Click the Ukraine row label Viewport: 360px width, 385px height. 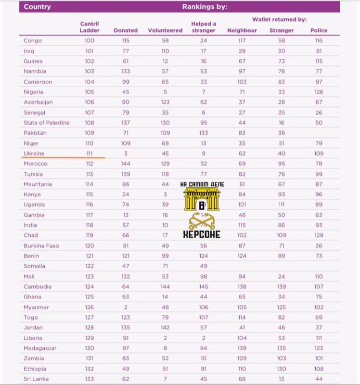click(34, 153)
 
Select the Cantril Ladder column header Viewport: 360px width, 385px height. click(90, 27)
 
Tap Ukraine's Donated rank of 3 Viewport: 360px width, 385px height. click(126, 153)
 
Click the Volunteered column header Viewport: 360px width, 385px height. click(165, 30)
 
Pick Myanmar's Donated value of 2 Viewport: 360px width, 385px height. click(126, 307)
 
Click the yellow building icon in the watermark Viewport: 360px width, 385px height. click(202, 200)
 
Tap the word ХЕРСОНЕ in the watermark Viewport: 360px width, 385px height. click(202, 234)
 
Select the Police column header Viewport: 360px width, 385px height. click(319, 30)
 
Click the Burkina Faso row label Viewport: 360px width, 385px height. click(41, 245)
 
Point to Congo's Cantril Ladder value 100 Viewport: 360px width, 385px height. click(90, 41)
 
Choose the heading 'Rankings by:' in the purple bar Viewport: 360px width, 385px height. click(205, 7)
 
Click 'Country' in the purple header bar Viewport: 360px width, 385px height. click(37, 7)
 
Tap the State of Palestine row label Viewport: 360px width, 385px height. click(47, 123)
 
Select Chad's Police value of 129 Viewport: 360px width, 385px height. click(319, 235)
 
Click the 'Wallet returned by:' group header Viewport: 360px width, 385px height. click(279, 19)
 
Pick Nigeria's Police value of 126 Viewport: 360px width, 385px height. click(319, 92)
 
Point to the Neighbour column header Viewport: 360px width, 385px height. click(242, 30)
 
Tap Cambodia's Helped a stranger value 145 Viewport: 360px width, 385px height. click(204, 286)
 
